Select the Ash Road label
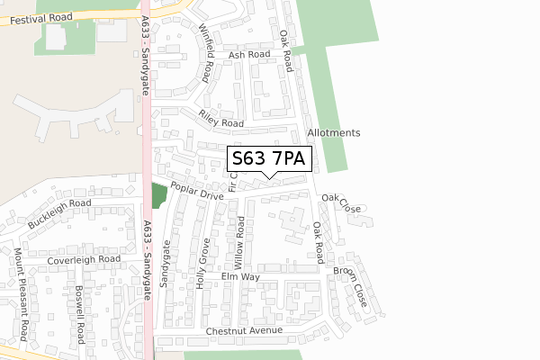pos(249,55)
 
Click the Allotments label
pos(333,132)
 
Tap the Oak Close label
pos(341,202)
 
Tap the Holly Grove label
pos(203,263)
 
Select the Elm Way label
pos(240,278)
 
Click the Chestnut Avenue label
pos(244,330)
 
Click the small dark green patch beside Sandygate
pos(159,194)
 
